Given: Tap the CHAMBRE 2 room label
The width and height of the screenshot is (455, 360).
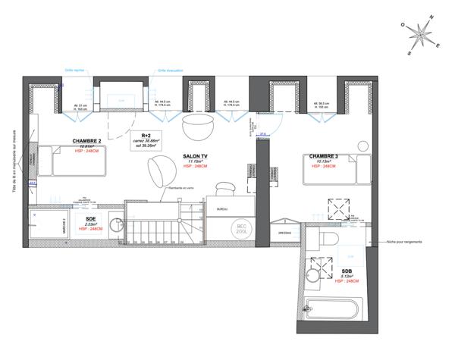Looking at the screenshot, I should click(x=87, y=141).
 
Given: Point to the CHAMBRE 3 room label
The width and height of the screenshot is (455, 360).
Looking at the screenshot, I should click(x=325, y=156).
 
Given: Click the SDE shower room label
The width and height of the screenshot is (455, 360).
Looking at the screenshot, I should click(x=90, y=218).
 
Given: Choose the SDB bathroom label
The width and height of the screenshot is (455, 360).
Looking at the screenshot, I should click(x=346, y=271).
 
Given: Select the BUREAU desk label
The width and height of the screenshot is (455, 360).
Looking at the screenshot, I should click(x=222, y=208).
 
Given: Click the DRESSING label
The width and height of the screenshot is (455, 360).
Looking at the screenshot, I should click(x=285, y=233).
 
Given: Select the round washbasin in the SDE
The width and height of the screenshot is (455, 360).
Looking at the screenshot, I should click(x=114, y=225).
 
